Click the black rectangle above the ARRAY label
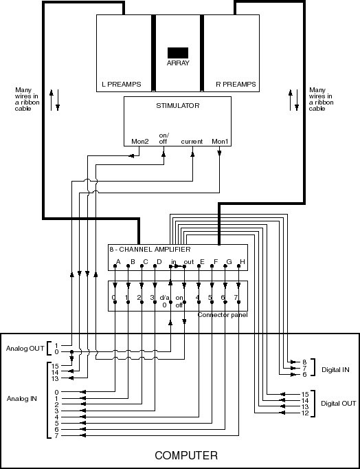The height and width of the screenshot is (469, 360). point(178,53)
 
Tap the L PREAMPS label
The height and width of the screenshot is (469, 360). point(122,85)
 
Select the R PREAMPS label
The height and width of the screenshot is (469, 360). point(236,85)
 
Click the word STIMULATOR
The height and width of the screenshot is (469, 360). point(178,106)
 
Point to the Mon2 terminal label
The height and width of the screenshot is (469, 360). point(140,142)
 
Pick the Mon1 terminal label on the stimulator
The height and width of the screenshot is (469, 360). point(220,142)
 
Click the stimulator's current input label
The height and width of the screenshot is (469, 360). point(192,142)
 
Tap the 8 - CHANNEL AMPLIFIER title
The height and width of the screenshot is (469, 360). point(150,250)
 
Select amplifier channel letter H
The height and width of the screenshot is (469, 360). point(243,262)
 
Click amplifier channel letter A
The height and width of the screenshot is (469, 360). point(118,262)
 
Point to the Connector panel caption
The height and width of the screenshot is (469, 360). point(223,315)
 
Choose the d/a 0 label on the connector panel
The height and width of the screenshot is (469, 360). point(165,301)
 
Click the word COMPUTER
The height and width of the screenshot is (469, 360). point(186,455)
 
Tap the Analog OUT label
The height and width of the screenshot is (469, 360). point(25,349)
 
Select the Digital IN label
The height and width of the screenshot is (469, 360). point(335,370)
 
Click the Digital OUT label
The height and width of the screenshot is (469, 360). point(339,404)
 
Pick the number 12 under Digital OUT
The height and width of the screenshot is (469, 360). point(305,413)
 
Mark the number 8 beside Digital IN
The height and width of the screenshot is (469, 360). point(304,362)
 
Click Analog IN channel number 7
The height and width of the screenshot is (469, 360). point(56,436)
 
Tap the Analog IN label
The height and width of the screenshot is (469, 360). point(22,399)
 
